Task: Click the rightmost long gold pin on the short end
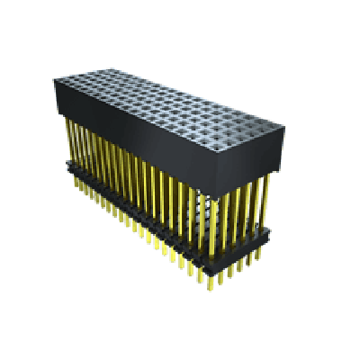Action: pos(266,202)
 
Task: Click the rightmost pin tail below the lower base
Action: pos(263,252)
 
